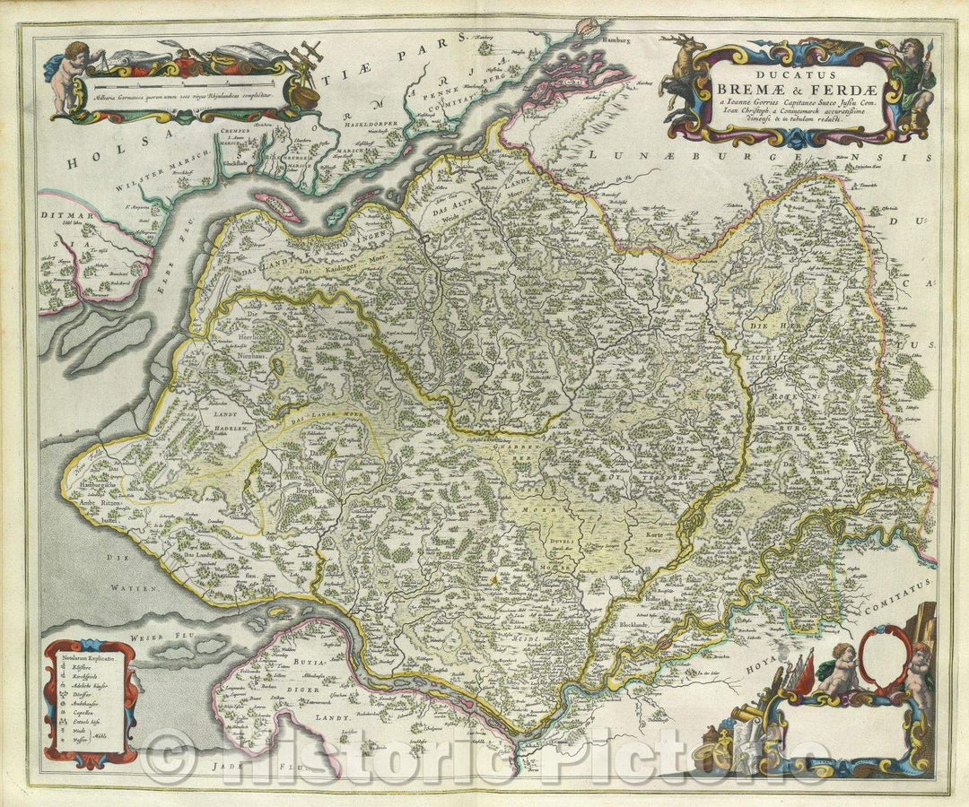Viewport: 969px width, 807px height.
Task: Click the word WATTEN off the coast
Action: [x=135, y=587]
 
